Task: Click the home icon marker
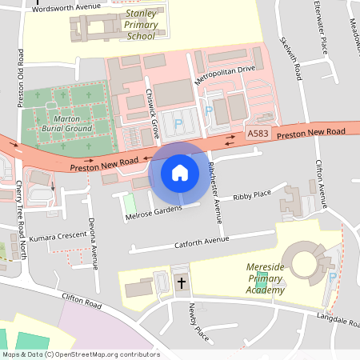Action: (x=179, y=173)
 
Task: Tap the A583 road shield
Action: (x=258, y=134)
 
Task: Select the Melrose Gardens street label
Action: (x=154, y=209)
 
